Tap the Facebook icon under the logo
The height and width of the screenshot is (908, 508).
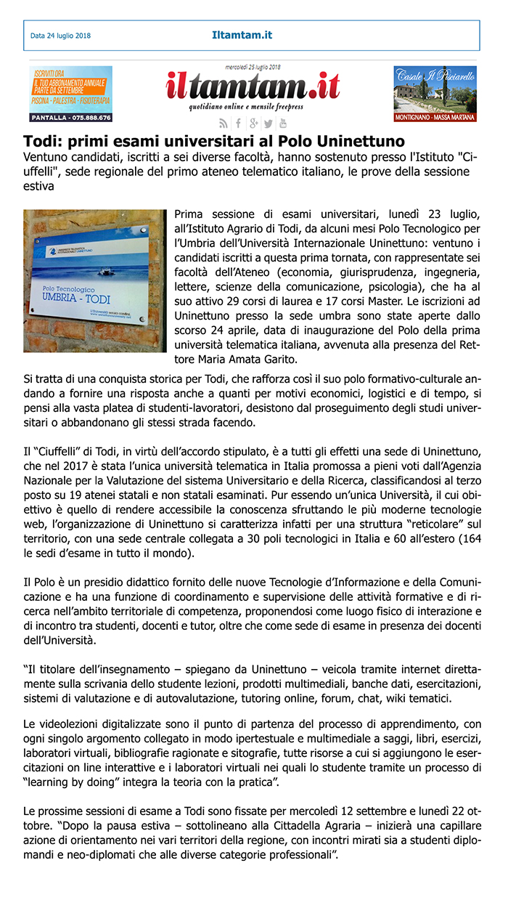pyautogui.click(x=239, y=123)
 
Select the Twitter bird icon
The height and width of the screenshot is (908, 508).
pyautogui.click(x=269, y=123)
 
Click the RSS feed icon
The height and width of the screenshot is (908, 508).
pyautogui.click(x=224, y=123)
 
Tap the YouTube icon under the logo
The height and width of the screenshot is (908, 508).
pyautogui.click(x=283, y=123)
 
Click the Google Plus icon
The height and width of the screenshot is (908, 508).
pyautogui.click(x=253, y=123)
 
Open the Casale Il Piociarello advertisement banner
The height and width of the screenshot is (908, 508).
pyautogui.click(x=435, y=94)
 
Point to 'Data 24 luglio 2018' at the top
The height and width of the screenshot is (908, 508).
pyautogui.click(x=60, y=36)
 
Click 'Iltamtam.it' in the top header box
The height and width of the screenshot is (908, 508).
pyautogui.click(x=242, y=35)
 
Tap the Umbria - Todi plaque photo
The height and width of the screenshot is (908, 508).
pyautogui.click(x=95, y=281)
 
